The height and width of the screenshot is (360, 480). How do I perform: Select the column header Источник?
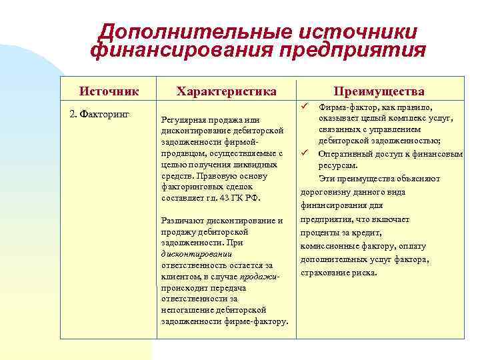(109, 91)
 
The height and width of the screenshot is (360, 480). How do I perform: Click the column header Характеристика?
(226, 91)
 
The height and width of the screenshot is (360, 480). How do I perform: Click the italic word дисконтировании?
(196, 254)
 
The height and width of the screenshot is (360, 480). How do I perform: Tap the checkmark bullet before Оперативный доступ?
(305, 153)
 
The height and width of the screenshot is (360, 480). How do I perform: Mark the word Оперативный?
(345, 153)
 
